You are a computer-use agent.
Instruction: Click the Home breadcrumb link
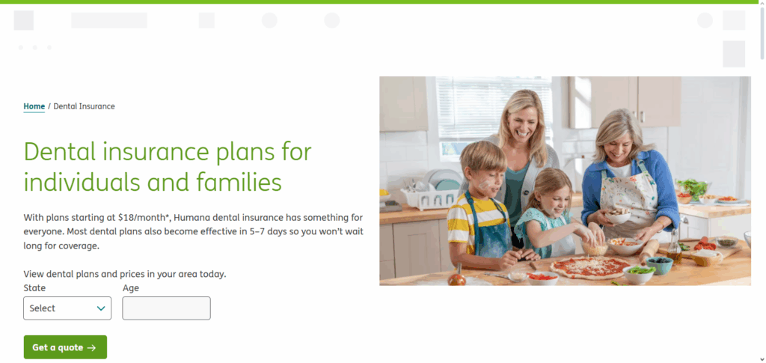[34, 106]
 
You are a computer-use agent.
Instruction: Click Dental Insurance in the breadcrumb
[85, 106]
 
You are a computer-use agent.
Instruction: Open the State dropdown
[67, 308]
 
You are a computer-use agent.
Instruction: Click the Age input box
[166, 308]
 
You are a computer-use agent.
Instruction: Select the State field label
[34, 288]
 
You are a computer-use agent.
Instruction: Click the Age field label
[130, 288]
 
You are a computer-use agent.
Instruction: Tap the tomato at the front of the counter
[456, 278]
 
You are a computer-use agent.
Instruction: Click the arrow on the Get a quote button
[91, 347]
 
